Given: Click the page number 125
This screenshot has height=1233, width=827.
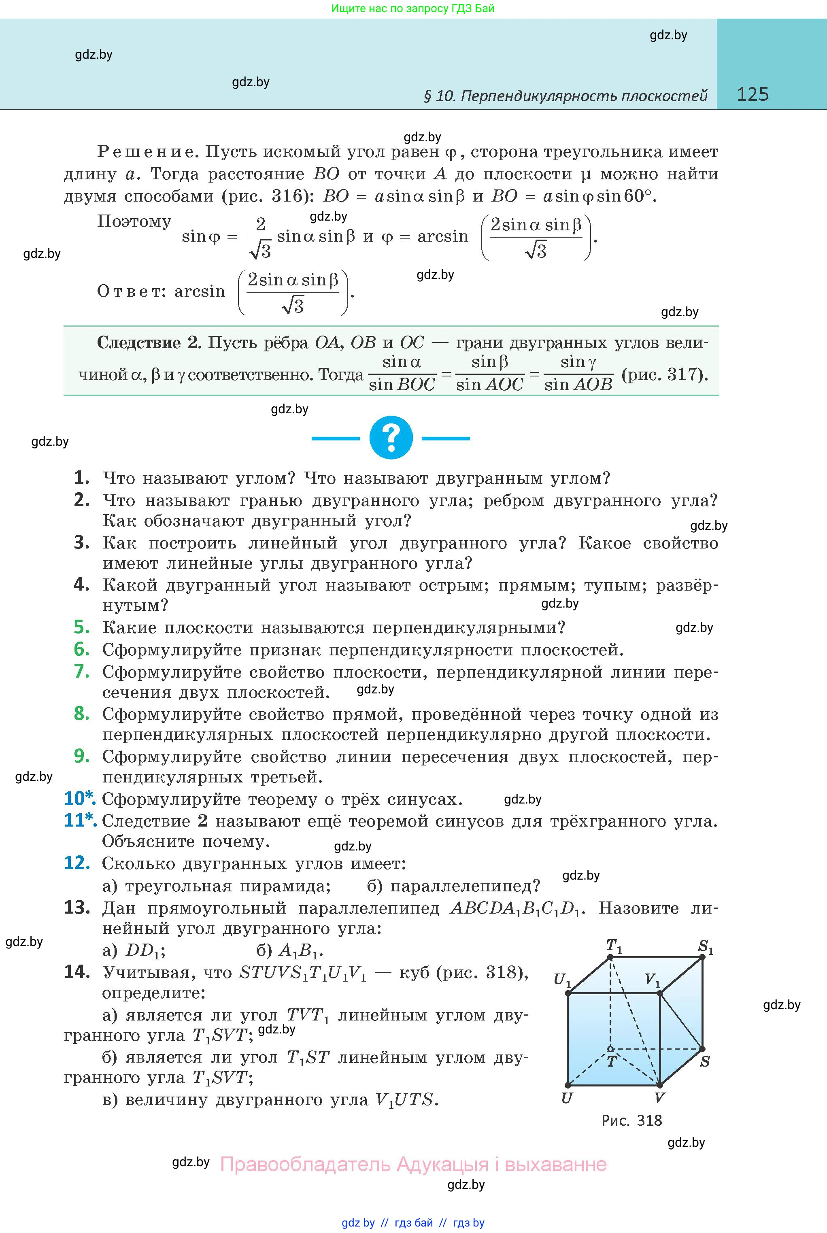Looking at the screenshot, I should click(x=753, y=94).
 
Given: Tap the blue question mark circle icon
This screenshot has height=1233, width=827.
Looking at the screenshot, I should click(x=391, y=438).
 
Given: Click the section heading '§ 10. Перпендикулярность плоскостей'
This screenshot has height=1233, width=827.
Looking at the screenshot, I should click(x=566, y=96).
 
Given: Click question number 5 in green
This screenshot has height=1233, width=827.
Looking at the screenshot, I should click(x=82, y=627).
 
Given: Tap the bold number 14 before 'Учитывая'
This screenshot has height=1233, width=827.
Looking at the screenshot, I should click(x=77, y=972).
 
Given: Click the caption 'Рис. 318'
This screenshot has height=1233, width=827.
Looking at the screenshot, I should click(x=631, y=1120).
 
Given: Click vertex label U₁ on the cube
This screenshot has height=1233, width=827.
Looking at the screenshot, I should click(x=562, y=980).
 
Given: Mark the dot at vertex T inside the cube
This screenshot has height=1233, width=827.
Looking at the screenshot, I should click(x=610, y=1048).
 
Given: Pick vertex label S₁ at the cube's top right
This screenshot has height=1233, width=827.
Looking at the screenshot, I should click(x=706, y=947).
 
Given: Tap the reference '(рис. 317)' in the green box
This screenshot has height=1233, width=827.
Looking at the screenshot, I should click(x=665, y=374).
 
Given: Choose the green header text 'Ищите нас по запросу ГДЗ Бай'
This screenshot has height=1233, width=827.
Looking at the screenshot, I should click(x=413, y=9).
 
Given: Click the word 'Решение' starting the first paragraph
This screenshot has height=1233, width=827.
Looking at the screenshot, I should click(x=147, y=152).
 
